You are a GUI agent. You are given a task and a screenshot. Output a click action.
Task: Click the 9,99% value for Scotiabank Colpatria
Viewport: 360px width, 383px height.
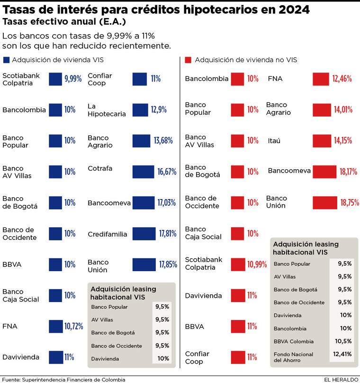coord(73,79)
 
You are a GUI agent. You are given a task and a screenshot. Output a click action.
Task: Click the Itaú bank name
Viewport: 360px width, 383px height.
coord(274,141)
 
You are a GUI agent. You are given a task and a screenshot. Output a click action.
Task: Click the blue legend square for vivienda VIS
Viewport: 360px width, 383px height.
coord(6,60)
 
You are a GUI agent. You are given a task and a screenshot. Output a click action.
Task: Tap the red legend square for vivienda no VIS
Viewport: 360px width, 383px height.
coord(188,60)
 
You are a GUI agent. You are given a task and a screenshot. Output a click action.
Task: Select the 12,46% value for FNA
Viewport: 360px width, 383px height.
coord(342,79)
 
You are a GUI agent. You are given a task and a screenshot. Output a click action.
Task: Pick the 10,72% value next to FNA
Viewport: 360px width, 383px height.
coord(74,326)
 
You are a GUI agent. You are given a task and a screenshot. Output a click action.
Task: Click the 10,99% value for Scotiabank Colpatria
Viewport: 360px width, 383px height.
coord(257,264)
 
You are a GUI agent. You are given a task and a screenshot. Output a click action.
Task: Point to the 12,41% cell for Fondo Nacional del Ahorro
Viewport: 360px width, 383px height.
coord(342,354)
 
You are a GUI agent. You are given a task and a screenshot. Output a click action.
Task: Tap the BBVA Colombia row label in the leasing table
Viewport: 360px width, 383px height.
coord(294,341)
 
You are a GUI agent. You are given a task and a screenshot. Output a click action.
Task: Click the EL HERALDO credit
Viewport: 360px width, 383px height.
coord(341,380)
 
